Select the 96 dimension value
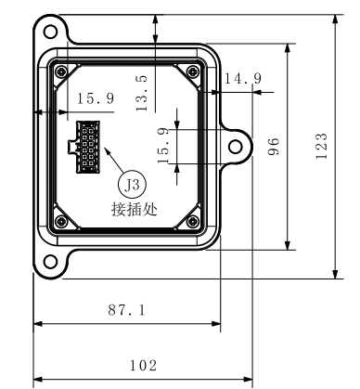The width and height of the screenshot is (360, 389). tap(275, 146)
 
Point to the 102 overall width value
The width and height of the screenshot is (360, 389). tap(141, 366)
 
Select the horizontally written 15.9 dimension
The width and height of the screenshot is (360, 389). tap(96, 97)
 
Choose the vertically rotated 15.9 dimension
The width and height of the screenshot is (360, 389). tap(164, 146)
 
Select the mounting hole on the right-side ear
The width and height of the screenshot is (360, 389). tap(236, 147)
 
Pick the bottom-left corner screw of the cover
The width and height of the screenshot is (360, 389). tap(60, 220)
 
